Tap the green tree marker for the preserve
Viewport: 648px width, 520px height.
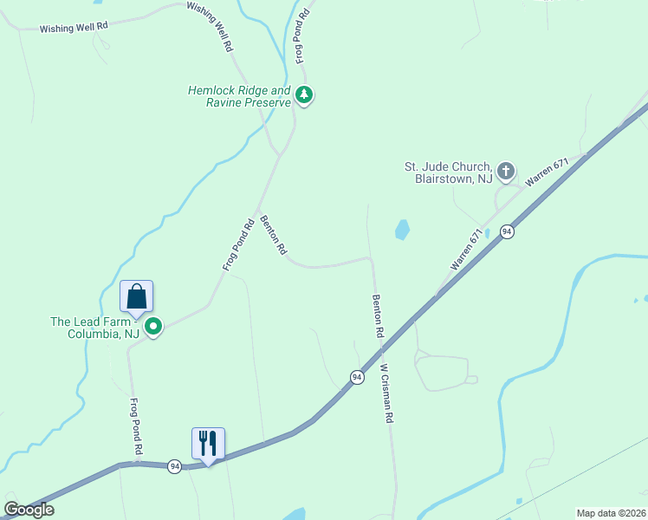303,94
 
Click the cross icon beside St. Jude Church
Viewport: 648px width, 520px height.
506,170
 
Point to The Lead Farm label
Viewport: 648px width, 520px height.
95,328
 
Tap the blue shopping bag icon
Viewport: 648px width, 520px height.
137,297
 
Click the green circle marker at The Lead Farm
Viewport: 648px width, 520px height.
153,327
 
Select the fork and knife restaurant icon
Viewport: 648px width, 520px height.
208,443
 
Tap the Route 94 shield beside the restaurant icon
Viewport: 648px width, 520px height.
175,466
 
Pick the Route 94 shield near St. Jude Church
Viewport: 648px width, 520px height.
507,231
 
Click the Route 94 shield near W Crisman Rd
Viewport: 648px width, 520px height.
357,377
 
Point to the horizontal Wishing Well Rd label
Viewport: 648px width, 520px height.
74,28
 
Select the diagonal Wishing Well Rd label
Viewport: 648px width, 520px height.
210,27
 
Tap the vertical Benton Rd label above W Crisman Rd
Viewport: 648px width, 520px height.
378,315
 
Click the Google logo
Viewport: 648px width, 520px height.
29,510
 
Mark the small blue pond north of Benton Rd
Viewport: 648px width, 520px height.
402,229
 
